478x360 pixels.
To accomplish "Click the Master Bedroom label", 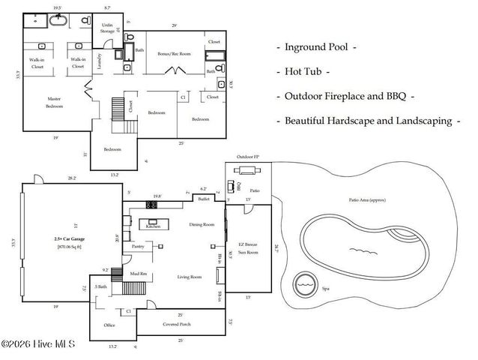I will coord(53,102).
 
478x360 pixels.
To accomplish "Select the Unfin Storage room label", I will coord(106,28).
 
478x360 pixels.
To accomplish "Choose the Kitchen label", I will coord(153,225).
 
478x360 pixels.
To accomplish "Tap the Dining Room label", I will coord(202,224).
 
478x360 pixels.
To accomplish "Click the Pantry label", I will coord(138,245).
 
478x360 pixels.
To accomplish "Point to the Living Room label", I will coord(189,277).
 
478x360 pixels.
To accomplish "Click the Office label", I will coord(109,325).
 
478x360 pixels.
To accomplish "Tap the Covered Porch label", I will coord(179,325).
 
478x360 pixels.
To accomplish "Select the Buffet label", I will coord(203,199).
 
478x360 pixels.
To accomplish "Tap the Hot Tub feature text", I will coord(306,72).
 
